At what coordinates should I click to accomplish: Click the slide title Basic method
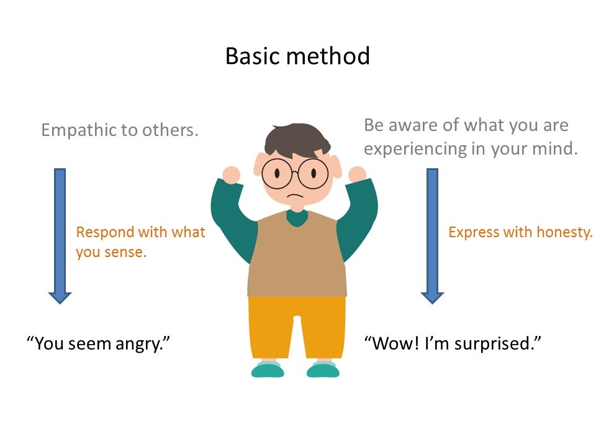point(297,56)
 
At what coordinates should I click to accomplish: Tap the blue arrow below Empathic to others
point(60,236)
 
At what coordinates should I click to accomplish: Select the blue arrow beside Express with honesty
point(432,236)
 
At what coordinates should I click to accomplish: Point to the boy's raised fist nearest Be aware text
point(358,174)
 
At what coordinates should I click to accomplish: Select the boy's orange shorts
point(296,326)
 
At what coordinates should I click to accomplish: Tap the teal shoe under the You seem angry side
point(268,370)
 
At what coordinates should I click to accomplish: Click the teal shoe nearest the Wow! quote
point(323,370)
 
